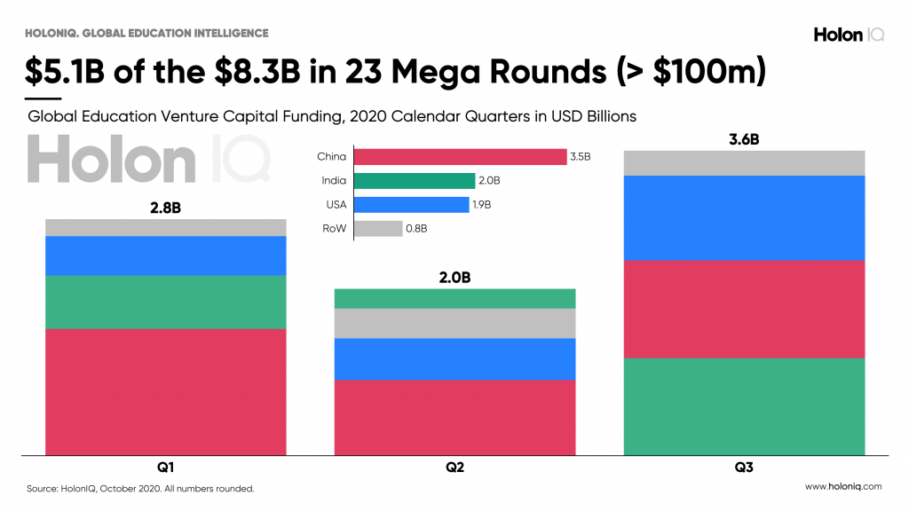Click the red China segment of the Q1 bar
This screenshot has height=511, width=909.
(x=166, y=391)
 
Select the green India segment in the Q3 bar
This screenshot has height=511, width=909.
(x=744, y=406)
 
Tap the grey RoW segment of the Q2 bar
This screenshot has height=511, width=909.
(x=454, y=323)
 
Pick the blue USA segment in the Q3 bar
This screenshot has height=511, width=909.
(x=744, y=217)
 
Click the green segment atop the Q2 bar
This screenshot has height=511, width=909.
(x=454, y=298)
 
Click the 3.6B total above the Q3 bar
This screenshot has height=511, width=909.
(x=744, y=139)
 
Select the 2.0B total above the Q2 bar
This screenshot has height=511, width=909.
(x=454, y=277)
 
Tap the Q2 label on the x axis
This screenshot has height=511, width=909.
(x=454, y=468)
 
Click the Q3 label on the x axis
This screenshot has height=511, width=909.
(x=744, y=468)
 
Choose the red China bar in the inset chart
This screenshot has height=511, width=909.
(x=459, y=157)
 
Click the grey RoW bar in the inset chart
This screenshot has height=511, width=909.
(x=377, y=229)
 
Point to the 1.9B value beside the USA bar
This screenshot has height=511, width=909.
(x=481, y=205)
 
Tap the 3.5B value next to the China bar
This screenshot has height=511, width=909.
(x=580, y=157)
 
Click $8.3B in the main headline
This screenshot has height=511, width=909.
(x=268, y=70)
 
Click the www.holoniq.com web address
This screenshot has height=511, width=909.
(x=842, y=486)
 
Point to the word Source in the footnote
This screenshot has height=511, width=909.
(x=42, y=488)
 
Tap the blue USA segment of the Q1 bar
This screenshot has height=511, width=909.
(x=166, y=255)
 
